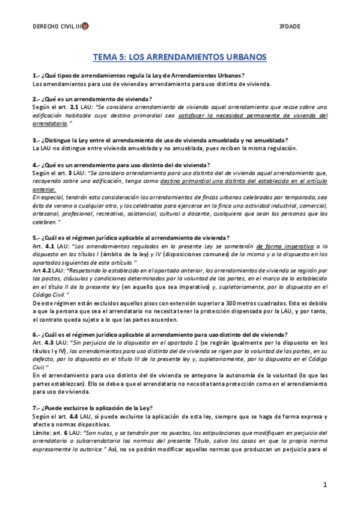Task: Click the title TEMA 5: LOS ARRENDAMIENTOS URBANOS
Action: pos(180,58)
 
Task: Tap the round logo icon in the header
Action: pos(85,26)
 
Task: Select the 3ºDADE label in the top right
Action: pos(290,26)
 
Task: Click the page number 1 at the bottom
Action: pos(324,485)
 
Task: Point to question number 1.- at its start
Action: pos(36,76)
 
